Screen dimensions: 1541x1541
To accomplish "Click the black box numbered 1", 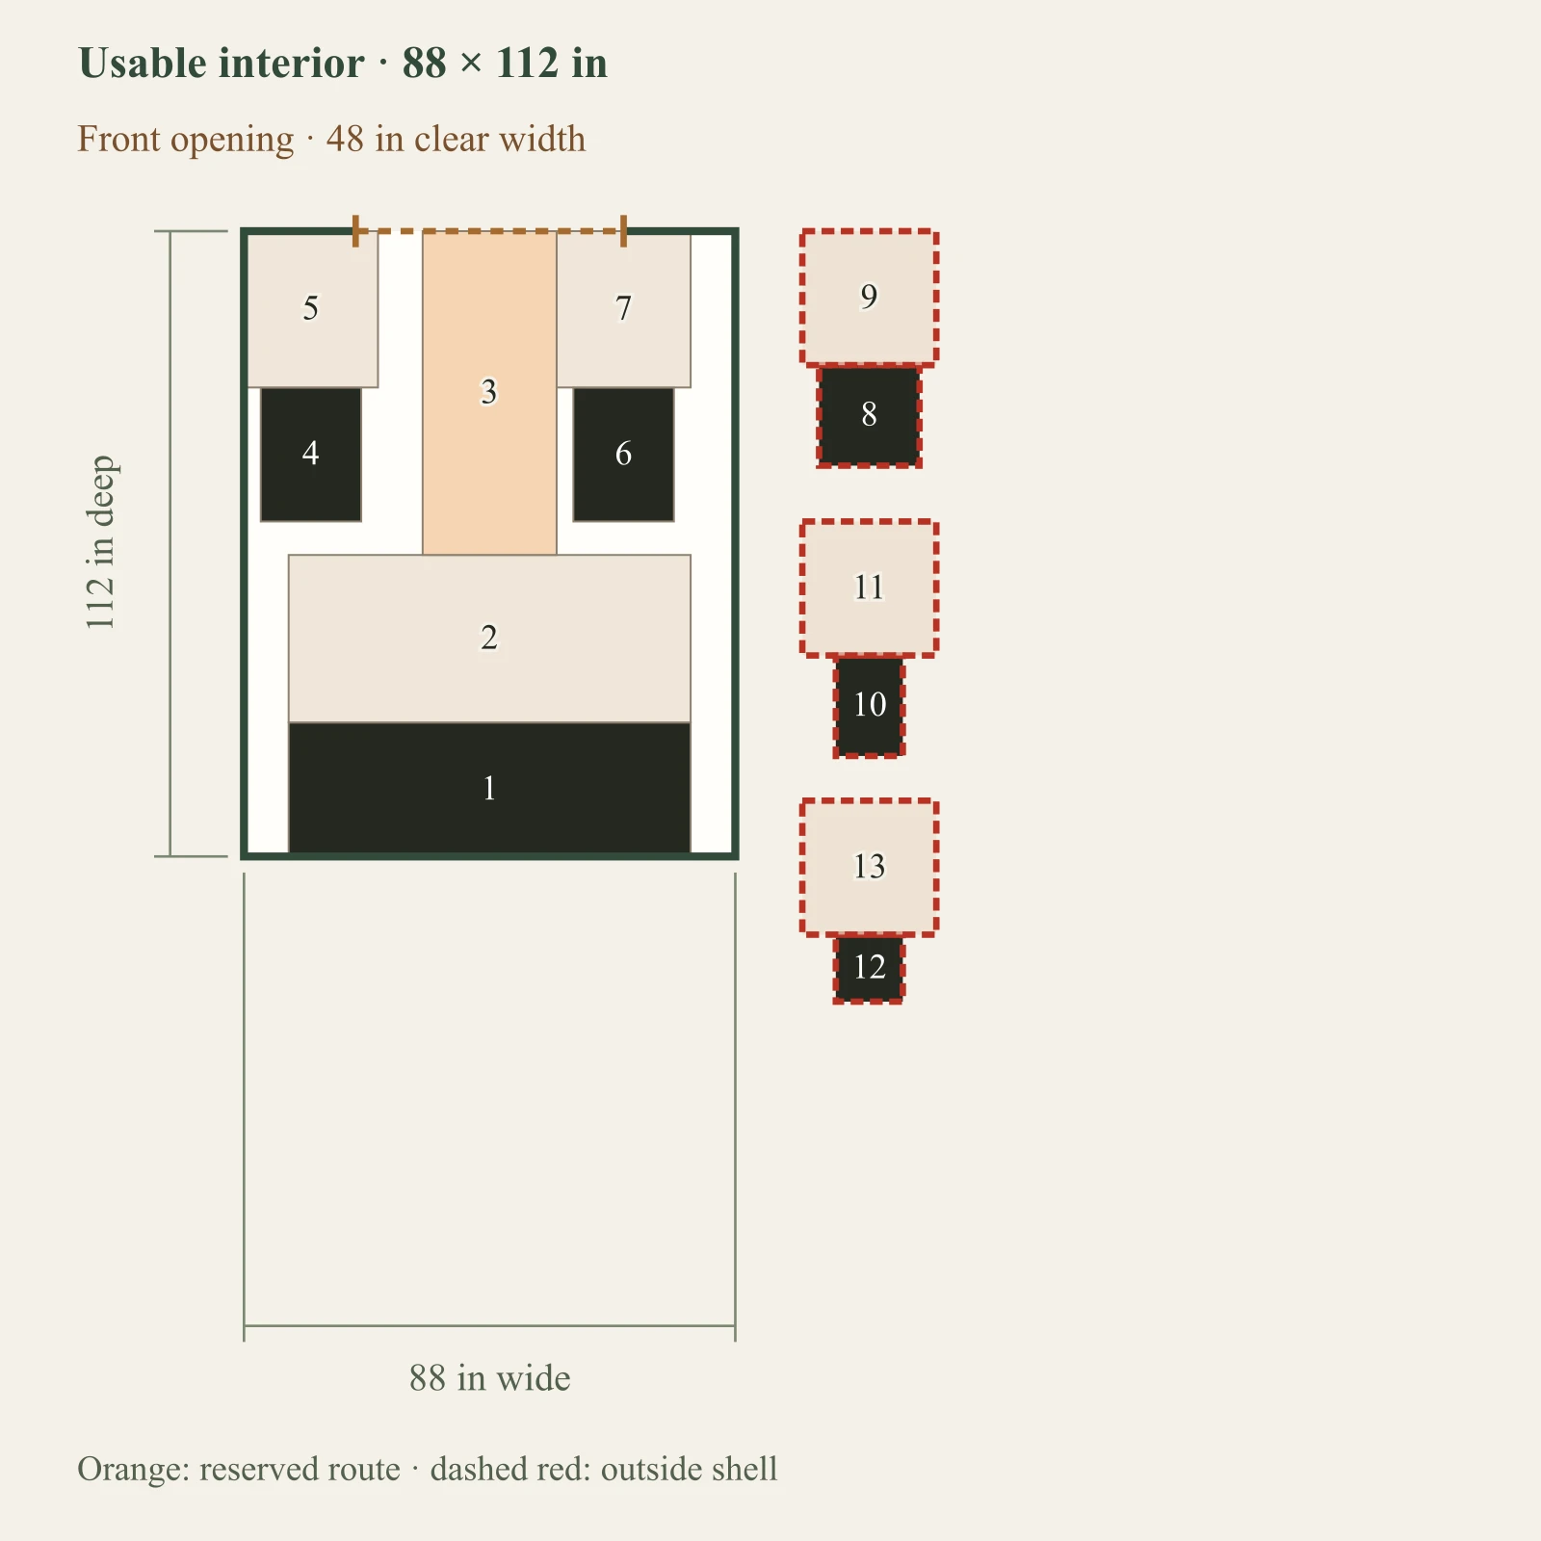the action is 489,788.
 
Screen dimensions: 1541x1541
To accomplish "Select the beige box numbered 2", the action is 489,639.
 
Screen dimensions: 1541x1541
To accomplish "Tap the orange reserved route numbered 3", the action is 489,393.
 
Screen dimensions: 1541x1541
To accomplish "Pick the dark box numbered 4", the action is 311,455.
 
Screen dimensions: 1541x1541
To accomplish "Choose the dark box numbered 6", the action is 623,455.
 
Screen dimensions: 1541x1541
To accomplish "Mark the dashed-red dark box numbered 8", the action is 869,415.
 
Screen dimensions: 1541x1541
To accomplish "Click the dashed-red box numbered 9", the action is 869,298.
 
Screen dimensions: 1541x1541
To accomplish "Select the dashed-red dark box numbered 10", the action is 869,706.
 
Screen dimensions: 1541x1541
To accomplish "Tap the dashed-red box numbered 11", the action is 869,588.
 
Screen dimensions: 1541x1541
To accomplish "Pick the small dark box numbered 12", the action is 869,968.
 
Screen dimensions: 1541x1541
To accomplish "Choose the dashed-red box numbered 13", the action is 869,867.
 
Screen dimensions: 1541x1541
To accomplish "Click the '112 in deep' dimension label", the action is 100,543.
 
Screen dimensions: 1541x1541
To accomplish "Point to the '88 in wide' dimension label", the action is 489,1377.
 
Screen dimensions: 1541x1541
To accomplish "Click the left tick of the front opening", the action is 355,231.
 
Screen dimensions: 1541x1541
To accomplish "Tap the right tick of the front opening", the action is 623,231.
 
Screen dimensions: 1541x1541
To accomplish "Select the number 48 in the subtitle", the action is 345,140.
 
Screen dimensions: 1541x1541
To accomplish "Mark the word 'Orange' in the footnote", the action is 134,1470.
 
